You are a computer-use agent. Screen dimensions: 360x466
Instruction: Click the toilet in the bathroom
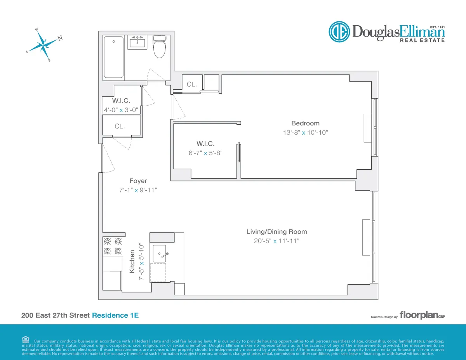(159, 47)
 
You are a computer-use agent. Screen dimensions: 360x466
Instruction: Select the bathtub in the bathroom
(114, 57)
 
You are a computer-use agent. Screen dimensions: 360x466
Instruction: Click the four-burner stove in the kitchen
(113, 246)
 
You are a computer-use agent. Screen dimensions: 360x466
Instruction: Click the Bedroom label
(305, 123)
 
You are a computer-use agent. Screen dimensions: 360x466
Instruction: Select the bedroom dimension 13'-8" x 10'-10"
(305, 132)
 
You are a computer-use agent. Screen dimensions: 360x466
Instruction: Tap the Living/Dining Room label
(276, 231)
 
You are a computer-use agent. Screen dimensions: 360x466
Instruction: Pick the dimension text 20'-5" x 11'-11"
(276, 241)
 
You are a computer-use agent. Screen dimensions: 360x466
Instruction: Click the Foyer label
(138, 181)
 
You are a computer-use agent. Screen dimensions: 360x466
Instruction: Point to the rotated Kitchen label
(132, 261)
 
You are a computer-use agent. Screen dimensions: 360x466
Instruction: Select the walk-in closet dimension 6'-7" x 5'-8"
(205, 153)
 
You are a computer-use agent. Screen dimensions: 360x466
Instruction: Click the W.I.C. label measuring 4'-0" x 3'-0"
(121, 101)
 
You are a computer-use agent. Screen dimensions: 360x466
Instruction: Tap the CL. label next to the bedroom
(192, 84)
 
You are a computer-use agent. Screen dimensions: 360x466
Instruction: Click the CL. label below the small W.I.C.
(120, 126)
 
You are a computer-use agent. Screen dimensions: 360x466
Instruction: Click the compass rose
(43, 44)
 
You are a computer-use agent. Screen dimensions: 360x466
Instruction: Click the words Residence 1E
(115, 315)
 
